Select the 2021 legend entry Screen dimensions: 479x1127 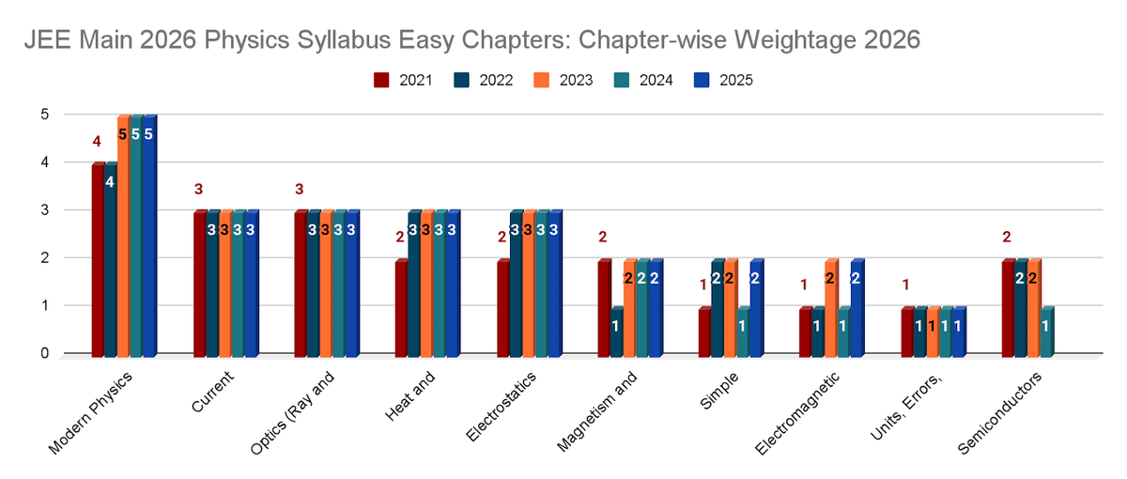pyautogui.click(x=402, y=80)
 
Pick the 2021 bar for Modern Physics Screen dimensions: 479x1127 pyautogui.click(x=97, y=260)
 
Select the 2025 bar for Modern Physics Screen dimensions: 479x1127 pyautogui.click(x=148, y=235)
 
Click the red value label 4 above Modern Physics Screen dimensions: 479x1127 pyautogui.click(x=96, y=142)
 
